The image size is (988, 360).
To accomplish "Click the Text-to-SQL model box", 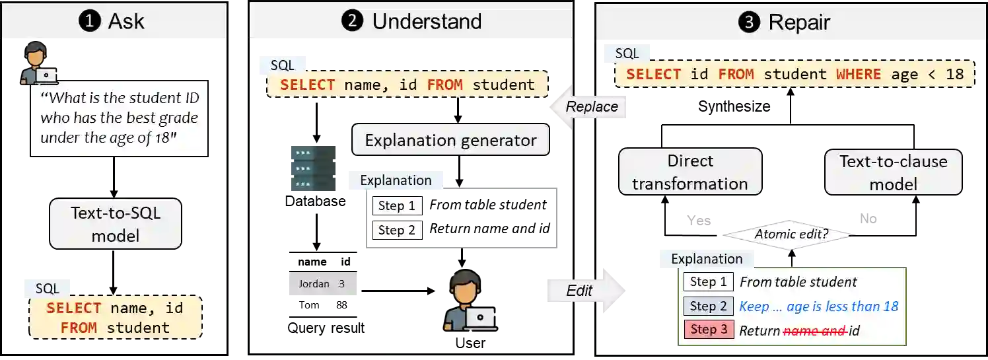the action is point(116,224).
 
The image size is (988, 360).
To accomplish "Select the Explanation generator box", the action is point(450,140).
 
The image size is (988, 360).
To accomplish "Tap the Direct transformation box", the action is point(690,172).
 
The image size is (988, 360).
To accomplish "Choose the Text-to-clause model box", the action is point(893,172).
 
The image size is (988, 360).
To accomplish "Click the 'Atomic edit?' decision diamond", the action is point(791,234).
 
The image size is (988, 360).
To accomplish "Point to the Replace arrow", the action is point(588,107).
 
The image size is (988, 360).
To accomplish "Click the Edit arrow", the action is point(584,290).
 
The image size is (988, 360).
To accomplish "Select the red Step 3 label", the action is point(709,330).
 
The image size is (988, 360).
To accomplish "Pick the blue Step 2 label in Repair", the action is point(709,306).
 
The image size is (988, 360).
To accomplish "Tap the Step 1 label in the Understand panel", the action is point(397,206).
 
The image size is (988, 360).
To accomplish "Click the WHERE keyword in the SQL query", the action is point(858,74).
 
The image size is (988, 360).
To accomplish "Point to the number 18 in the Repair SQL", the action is point(955,74).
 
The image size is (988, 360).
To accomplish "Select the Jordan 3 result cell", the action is point(322,284).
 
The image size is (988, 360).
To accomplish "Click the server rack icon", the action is point(314,168).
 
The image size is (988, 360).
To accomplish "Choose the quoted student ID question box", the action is point(119,119).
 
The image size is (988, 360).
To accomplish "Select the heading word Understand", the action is point(427,21).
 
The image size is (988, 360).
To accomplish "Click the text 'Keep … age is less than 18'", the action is point(819,306).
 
